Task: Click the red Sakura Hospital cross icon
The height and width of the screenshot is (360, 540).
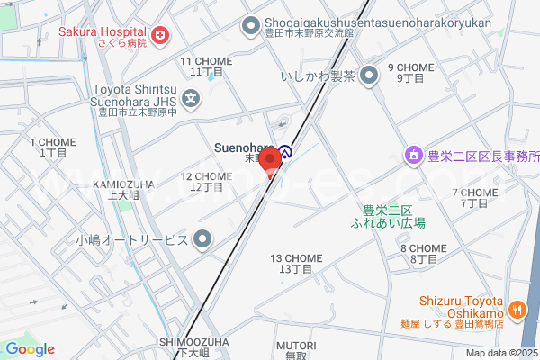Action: coord(160,35)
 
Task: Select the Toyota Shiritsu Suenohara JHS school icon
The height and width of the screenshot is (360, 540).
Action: coord(191,97)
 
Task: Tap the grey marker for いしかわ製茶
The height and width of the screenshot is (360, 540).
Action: coord(368,76)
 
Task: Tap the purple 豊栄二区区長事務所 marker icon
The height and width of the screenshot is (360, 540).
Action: coord(413,157)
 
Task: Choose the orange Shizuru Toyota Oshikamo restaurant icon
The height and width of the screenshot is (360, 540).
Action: coord(517,310)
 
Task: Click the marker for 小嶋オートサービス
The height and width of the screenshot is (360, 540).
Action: coord(204,239)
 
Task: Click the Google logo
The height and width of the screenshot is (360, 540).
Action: coord(30,349)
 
